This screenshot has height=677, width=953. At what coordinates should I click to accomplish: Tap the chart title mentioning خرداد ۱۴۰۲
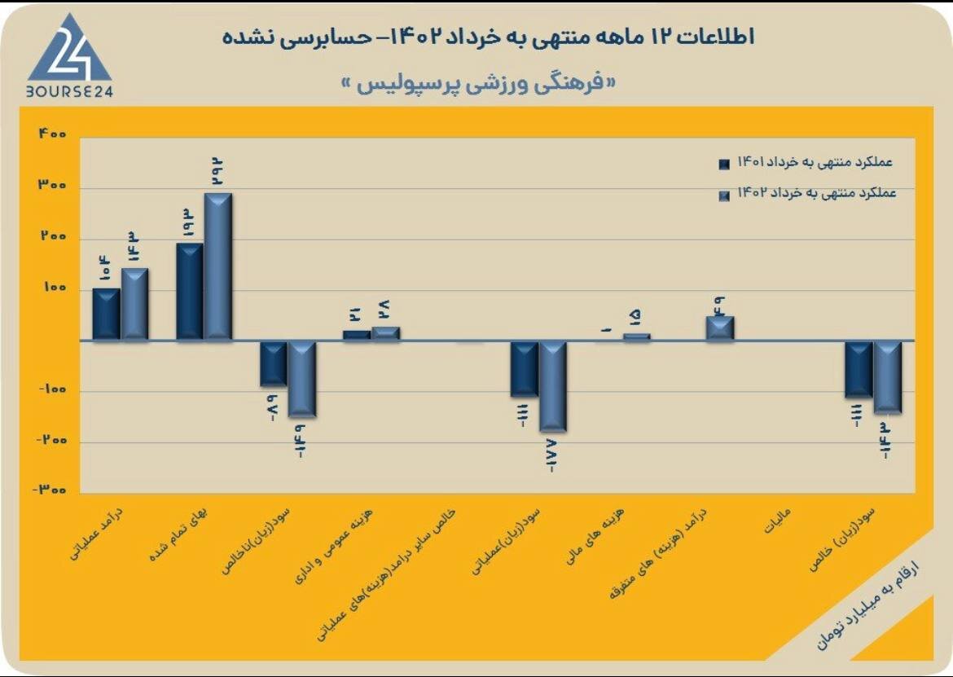point(489,36)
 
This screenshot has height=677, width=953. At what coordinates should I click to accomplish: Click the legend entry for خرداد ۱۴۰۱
point(806,162)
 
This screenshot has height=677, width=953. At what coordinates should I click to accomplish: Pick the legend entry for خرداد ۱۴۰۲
point(806,194)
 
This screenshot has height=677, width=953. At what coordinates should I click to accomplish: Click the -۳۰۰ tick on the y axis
point(50,490)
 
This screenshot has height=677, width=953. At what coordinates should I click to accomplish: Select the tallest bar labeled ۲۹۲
point(217,266)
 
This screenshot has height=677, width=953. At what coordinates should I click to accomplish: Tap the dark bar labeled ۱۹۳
point(190,291)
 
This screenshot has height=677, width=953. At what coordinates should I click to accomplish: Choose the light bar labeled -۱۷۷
point(552,386)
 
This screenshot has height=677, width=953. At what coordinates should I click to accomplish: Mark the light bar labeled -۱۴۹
point(301,379)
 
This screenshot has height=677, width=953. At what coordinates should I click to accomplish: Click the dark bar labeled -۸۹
point(273,363)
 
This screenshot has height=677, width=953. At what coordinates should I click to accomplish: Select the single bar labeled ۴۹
point(720,328)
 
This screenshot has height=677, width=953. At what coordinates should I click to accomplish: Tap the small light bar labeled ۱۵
point(636,336)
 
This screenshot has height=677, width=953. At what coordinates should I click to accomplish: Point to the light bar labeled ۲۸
point(385,333)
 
